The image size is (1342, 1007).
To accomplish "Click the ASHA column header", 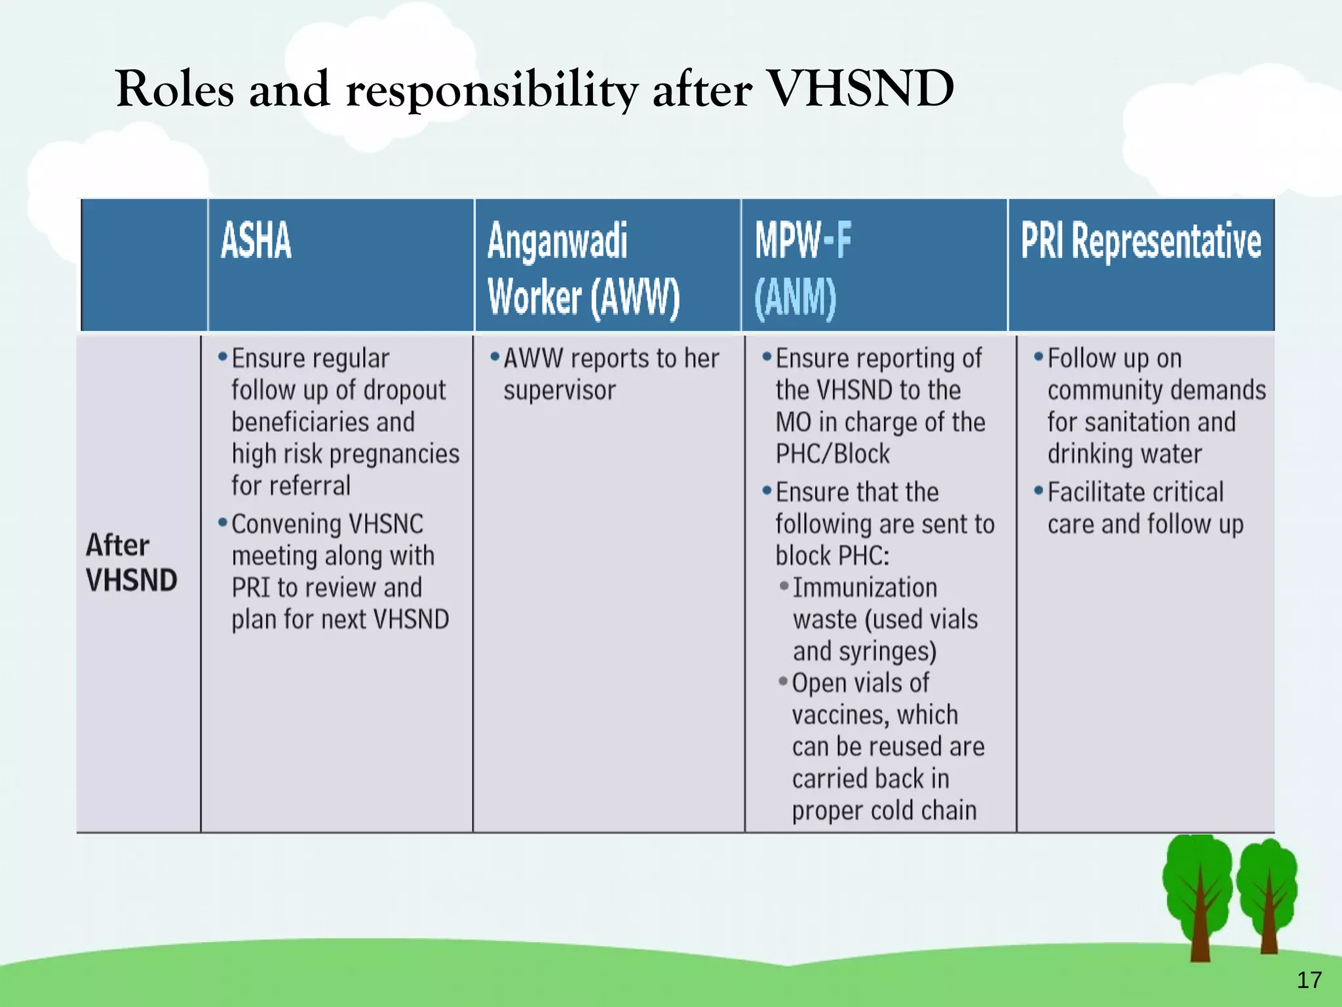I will coord(256,241).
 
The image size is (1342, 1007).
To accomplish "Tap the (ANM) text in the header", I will coord(795,298).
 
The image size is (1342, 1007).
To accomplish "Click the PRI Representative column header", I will coord(1140,241).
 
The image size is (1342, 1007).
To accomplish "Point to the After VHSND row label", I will coord(131,563).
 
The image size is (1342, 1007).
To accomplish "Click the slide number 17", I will coord(1309,980).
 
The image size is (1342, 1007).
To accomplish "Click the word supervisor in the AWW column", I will coord(559,391).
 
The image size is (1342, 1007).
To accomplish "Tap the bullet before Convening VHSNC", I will coord(223,523).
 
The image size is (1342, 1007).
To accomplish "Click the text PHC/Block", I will coord(832,454).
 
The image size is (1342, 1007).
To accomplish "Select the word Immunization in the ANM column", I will coord(865,587).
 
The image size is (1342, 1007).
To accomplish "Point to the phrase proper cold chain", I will coord(884,811).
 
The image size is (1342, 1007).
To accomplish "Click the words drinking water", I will coord(1124,454).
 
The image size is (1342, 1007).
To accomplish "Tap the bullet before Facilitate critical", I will coord(1038,490).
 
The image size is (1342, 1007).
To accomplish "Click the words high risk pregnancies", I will coord(345,454).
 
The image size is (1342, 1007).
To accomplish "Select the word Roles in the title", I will coord(174,89).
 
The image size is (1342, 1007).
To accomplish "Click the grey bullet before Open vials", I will coord(782,681).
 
